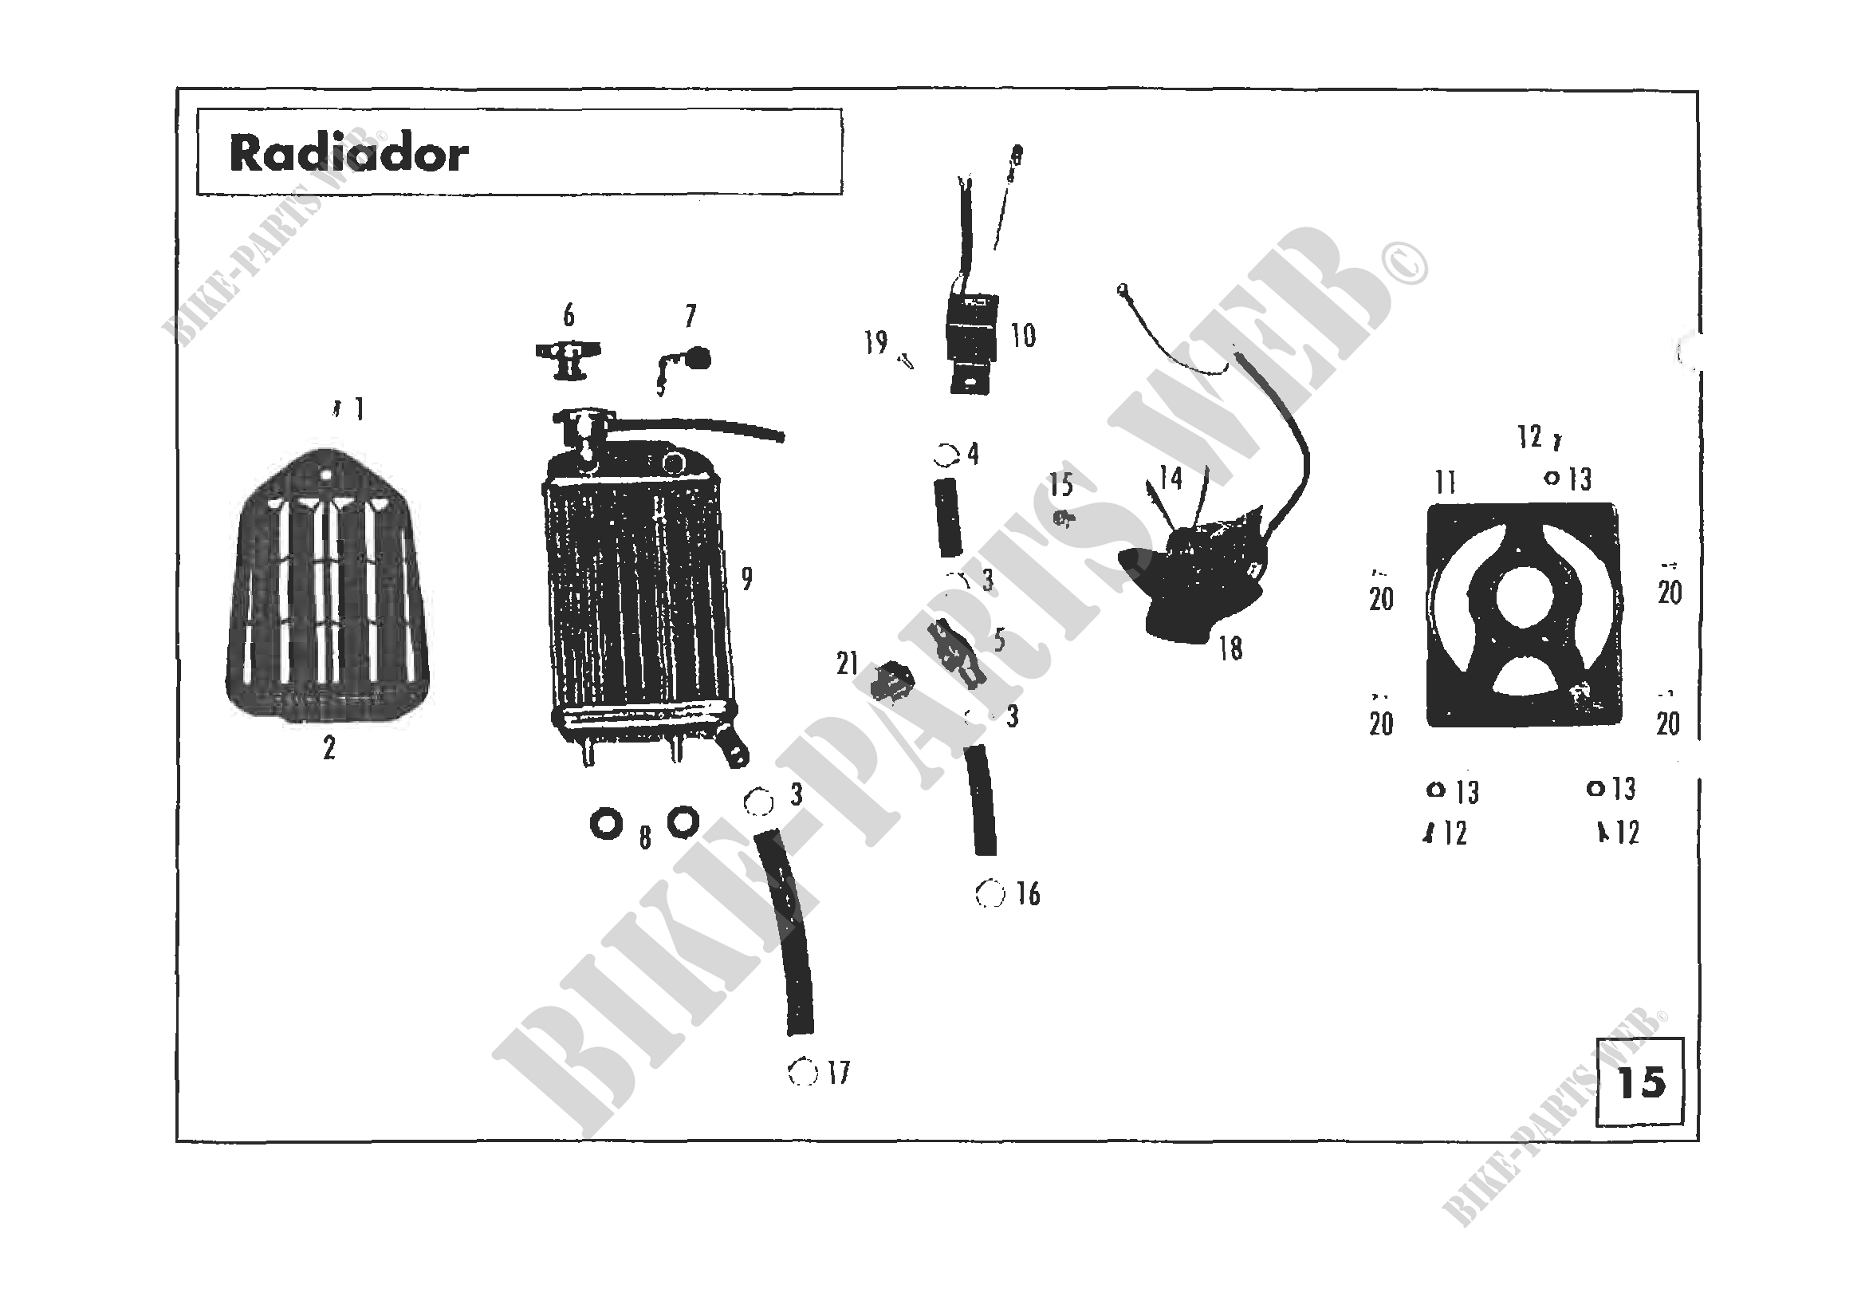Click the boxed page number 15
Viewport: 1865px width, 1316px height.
1641,1082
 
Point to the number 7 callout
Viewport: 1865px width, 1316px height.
691,315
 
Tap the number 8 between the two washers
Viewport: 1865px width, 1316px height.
645,837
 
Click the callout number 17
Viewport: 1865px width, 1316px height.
839,1073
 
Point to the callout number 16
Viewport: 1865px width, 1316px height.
1028,894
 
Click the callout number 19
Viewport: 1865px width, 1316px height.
875,343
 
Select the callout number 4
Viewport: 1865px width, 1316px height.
972,454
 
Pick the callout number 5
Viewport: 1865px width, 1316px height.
999,640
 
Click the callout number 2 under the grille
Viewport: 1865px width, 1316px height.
329,748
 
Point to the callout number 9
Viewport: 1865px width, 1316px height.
746,578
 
